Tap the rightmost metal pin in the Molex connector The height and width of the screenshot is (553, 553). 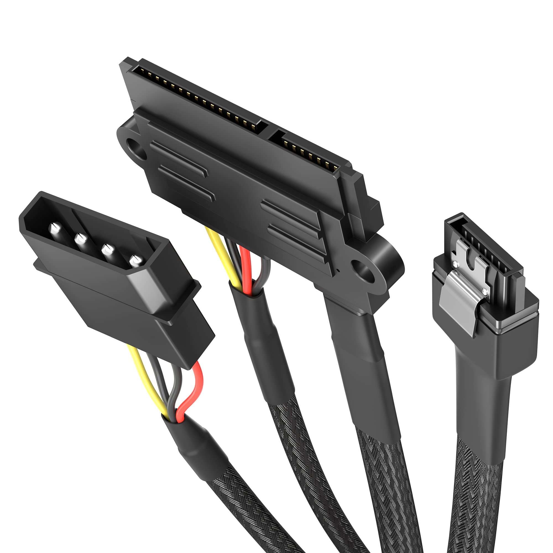coord(136,261)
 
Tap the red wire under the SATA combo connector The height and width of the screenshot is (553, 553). coord(246,266)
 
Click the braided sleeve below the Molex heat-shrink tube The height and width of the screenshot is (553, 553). coord(252,512)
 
